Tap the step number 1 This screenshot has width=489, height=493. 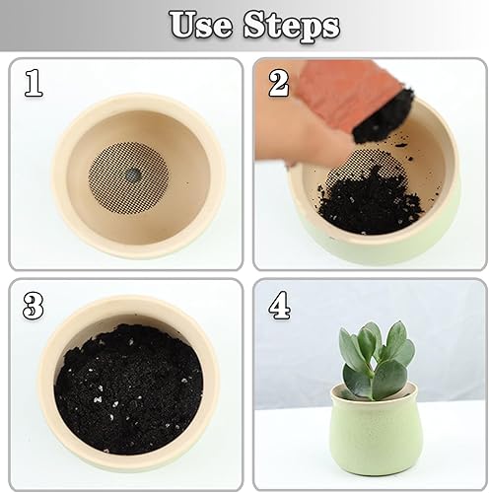pos(35,84)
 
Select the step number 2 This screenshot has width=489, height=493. pos(279,84)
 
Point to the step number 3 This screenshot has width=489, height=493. pos(34,307)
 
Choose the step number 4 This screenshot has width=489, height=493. pos(280,307)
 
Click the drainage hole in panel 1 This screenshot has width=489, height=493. pos(131,172)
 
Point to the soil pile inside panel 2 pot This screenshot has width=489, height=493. pos(370,202)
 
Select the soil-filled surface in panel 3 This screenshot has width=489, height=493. pos(128,389)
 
